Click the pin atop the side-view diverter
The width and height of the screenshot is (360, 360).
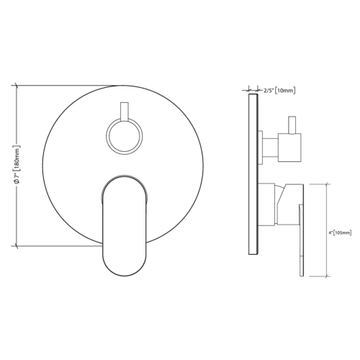293,123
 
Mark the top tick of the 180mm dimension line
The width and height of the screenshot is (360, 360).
17,85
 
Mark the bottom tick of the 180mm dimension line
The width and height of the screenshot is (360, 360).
17,246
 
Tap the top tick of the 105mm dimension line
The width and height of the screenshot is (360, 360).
330,184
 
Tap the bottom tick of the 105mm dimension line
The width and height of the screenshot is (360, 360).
330,276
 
